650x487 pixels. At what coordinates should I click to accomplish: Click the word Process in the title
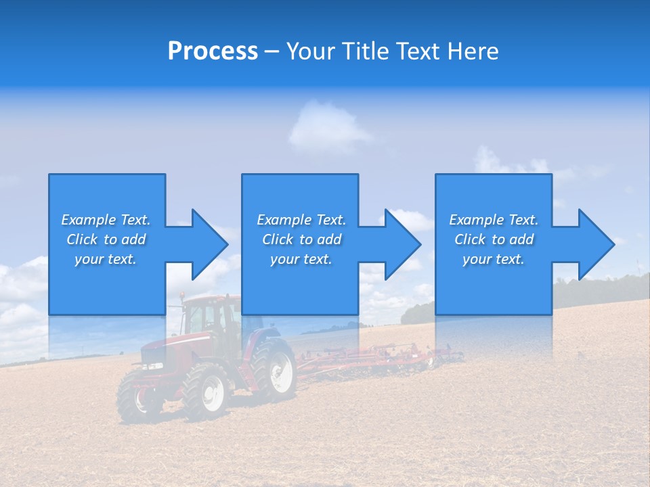coord(213,51)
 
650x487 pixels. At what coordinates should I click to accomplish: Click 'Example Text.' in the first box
coord(106,220)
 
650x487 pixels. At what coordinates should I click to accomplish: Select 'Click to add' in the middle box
coord(301,239)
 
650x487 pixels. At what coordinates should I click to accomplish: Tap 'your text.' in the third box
coord(493,259)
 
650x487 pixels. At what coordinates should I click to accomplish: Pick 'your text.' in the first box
coord(106,259)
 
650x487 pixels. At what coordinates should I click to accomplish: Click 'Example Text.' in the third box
coord(493,220)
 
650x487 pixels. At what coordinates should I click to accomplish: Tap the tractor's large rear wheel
coord(275,369)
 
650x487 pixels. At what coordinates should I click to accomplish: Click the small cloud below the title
coord(325,125)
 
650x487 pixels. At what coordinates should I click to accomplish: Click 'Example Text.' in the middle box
coord(301,220)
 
